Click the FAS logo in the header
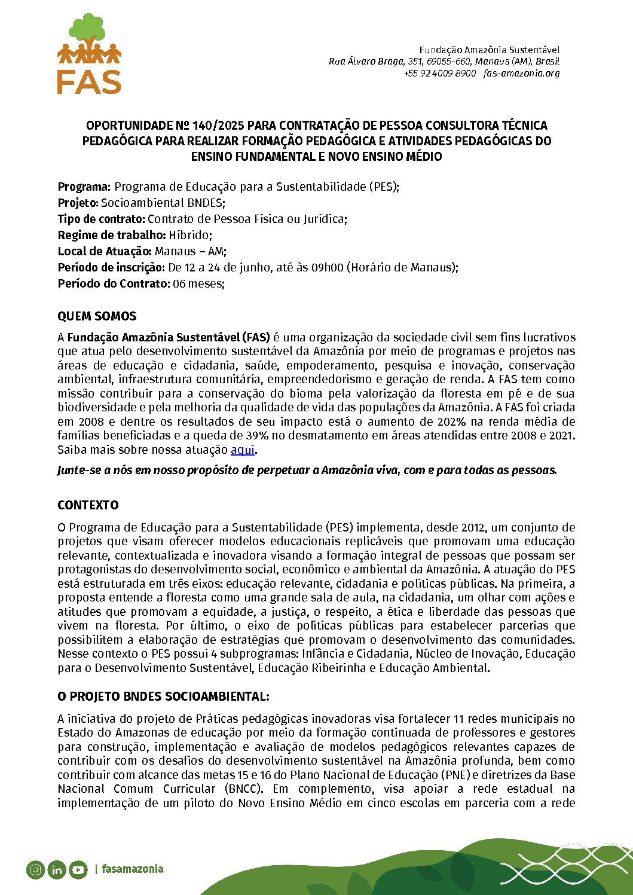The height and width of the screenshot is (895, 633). tap(90, 54)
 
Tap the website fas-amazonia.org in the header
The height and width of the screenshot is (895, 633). tap(521, 73)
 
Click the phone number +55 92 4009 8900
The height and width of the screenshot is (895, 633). tap(440, 73)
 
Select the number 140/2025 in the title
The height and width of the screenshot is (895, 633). tap(218, 126)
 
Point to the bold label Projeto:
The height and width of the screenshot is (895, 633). tap(78, 203)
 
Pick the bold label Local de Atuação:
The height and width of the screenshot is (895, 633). tap(105, 251)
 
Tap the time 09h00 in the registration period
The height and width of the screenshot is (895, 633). tap(328, 267)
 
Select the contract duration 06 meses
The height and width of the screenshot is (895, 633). tap(198, 283)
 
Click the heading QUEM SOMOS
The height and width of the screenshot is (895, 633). tap(97, 316)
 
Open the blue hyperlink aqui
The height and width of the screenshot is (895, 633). tap(243, 450)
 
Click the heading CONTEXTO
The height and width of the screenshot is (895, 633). tap(88, 505)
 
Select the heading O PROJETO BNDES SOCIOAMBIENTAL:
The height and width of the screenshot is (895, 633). tap(163, 697)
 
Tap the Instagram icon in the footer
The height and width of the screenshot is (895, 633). tap(35, 870)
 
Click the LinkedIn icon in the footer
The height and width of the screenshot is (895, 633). tap(57, 870)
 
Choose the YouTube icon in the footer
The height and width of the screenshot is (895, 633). tap(78, 870)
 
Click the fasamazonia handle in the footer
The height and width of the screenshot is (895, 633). tap(132, 869)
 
